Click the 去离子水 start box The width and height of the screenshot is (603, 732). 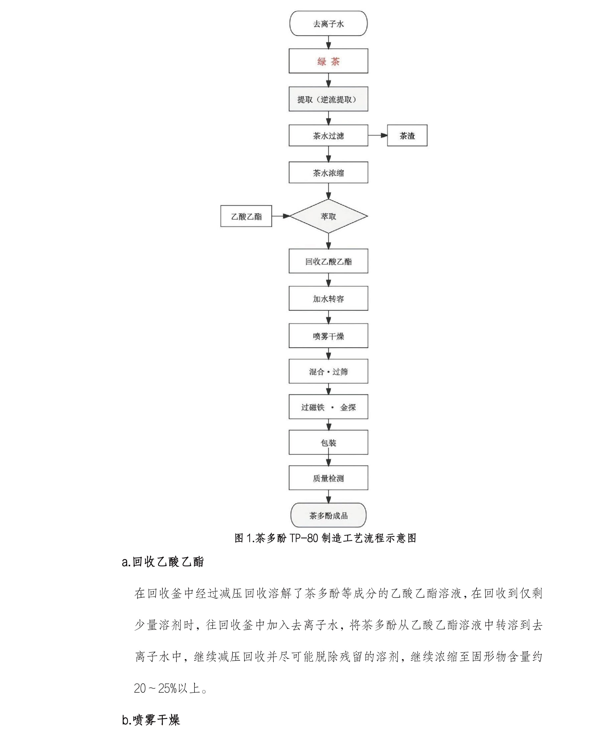pyautogui.click(x=328, y=24)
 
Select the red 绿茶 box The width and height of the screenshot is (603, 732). pyautogui.click(x=328, y=61)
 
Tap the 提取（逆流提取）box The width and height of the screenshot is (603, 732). pyautogui.click(x=328, y=99)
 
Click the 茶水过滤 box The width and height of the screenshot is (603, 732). pyautogui.click(x=328, y=135)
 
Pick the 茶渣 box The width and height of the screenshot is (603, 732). pyautogui.click(x=407, y=135)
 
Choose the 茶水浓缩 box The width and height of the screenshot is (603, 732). pyautogui.click(x=328, y=172)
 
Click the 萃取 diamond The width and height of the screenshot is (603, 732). pyautogui.click(x=328, y=216)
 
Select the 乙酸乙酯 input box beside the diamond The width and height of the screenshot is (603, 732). pyautogui.click(x=246, y=216)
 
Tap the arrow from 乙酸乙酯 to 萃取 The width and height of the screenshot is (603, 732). pyautogui.click(x=281, y=216)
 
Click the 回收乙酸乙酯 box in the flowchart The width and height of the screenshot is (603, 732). pyautogui.click(x=328, y=261)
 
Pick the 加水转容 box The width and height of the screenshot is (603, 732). pyautogui.click(x=328, y=298)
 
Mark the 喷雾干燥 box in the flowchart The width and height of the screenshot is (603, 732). pyautogui.click(x=328, y=336)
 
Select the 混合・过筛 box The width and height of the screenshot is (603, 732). pyautogui.click(x=328, y=372)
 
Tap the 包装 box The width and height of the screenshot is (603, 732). pyautogui.click(x=328, y=443)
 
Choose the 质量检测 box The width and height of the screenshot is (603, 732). pyautogui.click(x=328, y=478)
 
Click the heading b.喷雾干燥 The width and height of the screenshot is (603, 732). pyautogui.click(x=151, y=720)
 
